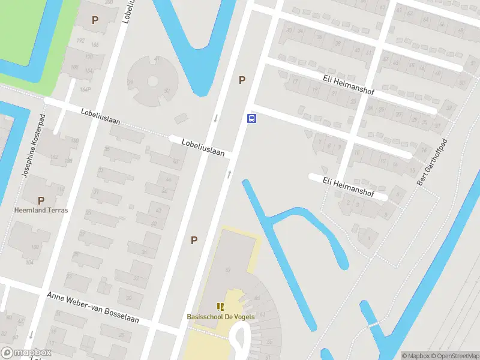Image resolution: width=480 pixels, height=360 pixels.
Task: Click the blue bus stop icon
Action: tap(252, 118)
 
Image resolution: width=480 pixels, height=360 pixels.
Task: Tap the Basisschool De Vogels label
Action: tap(220, 317)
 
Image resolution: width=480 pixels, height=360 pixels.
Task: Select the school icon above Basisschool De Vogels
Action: tap(220, 307)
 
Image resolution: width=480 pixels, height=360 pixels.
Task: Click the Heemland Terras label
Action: tap(41, 210)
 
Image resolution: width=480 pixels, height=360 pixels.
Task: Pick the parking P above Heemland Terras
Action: tap(41, 200)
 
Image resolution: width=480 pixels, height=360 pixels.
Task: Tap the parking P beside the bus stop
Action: tap(242, 80)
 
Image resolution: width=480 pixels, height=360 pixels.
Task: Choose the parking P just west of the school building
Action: tap(194, 240)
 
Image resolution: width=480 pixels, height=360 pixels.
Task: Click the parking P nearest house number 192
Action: tap(95, 20)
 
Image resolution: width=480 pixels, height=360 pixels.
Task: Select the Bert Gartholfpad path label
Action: tap(425, 162)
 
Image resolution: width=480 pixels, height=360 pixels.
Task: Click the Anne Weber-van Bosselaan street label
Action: tap(92, 307)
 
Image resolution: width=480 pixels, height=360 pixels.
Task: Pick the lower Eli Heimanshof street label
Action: tap(348, 187)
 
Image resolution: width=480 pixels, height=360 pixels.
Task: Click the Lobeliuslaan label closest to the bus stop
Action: tap(203, 148)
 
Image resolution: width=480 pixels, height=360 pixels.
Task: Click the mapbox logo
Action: tap(26, 353)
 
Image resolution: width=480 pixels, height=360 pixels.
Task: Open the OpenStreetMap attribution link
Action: tap(455, 355)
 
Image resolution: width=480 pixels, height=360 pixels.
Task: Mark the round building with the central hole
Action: tap(152, 80)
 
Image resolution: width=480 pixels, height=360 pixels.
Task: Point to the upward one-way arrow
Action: tap(229, 174)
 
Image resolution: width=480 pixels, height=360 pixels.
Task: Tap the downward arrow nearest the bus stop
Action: tap(215, 118)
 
